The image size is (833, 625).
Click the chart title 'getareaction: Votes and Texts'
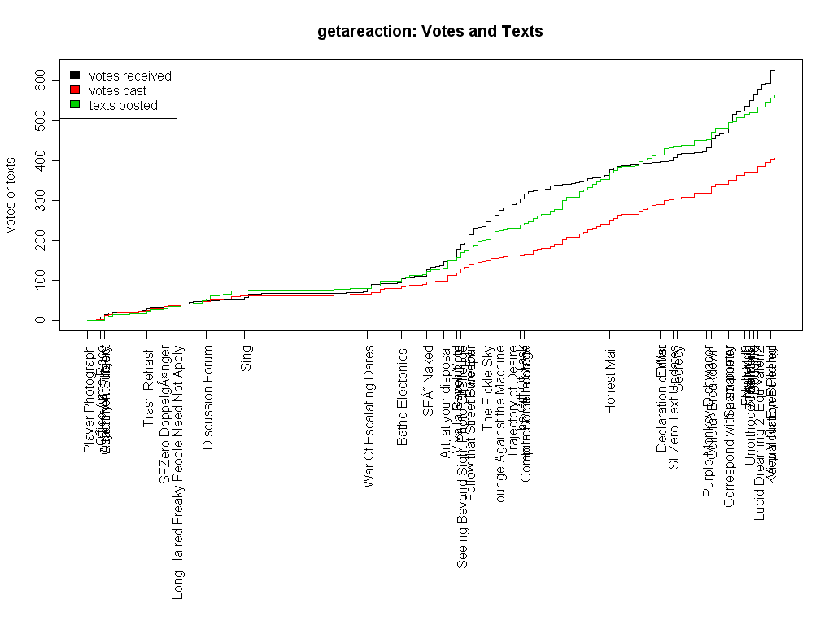[430, 32]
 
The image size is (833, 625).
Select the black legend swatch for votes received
[75, 76]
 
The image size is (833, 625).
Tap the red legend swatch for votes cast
[75, 90]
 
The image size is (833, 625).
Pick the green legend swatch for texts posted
[75, 105]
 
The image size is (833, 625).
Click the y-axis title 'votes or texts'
[11, 195]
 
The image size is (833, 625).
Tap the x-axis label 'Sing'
[246, 359]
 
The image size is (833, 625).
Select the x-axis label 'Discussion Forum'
[208, 397]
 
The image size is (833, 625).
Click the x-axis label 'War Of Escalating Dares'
[369, 417]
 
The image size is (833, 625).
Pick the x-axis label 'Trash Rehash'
[148, 387]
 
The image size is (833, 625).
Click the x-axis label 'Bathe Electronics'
[403, 396]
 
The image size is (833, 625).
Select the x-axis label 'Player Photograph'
[89, 400]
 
